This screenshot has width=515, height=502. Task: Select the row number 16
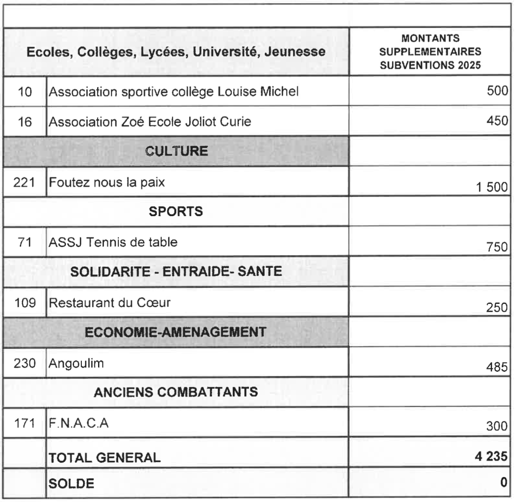point(24,122)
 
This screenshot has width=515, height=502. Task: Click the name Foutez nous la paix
point(107,182)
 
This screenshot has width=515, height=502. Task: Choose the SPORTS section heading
point(176,212)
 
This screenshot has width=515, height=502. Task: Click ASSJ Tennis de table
point(113,242)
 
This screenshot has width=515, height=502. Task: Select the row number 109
point(24,302)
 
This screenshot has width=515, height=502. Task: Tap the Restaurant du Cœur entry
point(109,302)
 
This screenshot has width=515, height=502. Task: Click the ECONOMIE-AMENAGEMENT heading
point(176,332)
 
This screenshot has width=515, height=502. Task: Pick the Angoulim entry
point(76,363)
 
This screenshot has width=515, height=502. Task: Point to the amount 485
point(498,368)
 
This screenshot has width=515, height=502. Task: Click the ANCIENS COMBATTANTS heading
point(176,392)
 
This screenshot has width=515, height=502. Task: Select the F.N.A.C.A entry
point(79,423)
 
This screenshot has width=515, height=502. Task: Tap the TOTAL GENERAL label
point(104,458)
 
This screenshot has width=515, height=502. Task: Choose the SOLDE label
point(71,483)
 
